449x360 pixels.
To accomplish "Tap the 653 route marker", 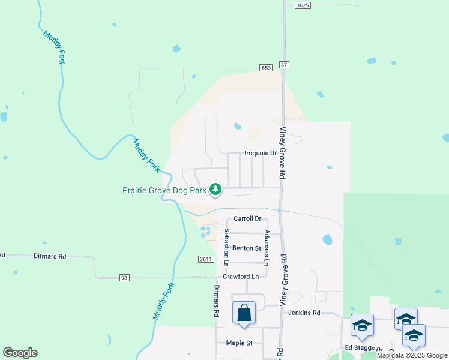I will tap(266, 68).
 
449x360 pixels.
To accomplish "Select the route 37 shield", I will tap(284, 64).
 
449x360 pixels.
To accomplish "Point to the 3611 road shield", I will tap(206, 259).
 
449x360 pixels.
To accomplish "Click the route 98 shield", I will tap(124, 277).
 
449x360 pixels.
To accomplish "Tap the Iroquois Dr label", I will tap(260, 153).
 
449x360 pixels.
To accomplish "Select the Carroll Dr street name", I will tap(248, 218).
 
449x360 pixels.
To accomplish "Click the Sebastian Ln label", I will tap(226, 247).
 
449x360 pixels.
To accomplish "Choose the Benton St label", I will tap(247, 248).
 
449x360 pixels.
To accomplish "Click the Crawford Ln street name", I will tap(241, 276).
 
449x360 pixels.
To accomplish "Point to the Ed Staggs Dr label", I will tap(363, 348).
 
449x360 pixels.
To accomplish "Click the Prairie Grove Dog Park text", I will tap(164, 190).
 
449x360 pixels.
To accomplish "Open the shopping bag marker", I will tap(244, 313).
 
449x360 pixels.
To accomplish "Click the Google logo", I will tap(20, 353).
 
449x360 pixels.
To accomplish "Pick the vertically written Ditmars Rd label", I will tap(216, 301).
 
